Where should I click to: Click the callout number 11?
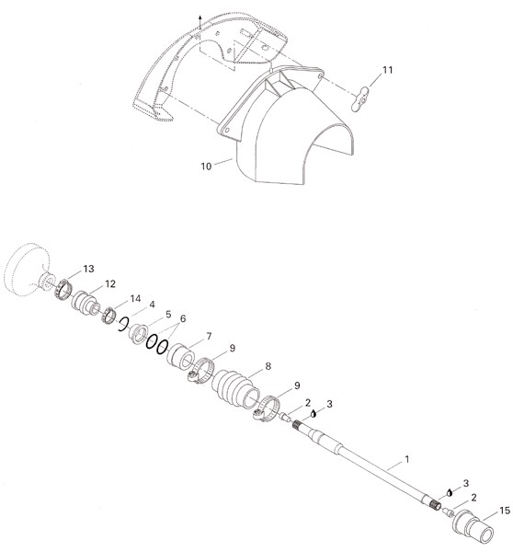pos(387,70)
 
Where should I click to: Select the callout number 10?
pos(206,167)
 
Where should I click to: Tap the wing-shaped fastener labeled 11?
pos(360,99)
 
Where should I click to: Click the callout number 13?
pos(88,269)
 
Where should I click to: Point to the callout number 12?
pos(110,283)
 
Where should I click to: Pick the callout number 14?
pos(135,298)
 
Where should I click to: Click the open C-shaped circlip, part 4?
pos(122,324)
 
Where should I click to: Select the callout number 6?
pos(183,318)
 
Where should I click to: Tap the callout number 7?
pos(209,336)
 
